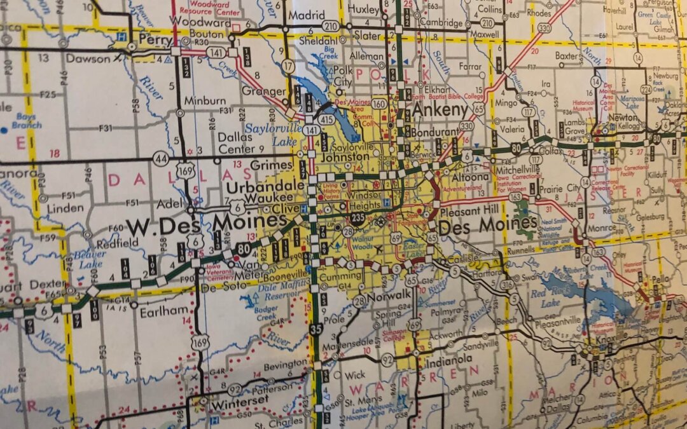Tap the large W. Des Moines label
pos(207,224)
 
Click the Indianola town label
pos(448,360)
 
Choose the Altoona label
pos(470,176)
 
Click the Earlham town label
pos(157,310)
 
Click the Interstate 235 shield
pos(357,219)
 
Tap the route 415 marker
pos(326,119)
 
